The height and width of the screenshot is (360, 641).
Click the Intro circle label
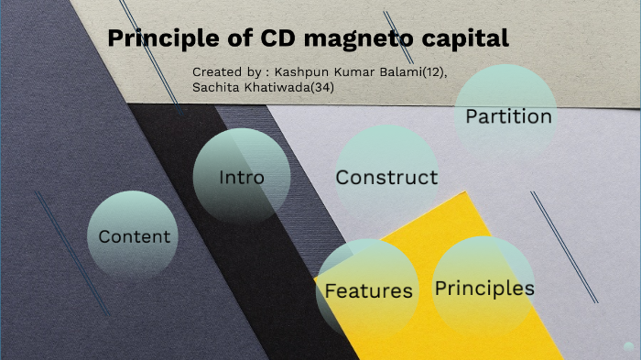242,177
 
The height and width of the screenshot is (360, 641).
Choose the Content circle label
135,236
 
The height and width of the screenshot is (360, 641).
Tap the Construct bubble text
386,177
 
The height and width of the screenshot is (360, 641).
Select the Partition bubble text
508,116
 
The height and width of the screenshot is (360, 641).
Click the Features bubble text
369,290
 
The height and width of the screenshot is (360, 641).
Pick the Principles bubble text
484,288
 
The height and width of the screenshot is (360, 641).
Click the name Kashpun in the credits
304,71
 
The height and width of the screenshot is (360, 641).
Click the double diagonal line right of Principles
564,247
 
